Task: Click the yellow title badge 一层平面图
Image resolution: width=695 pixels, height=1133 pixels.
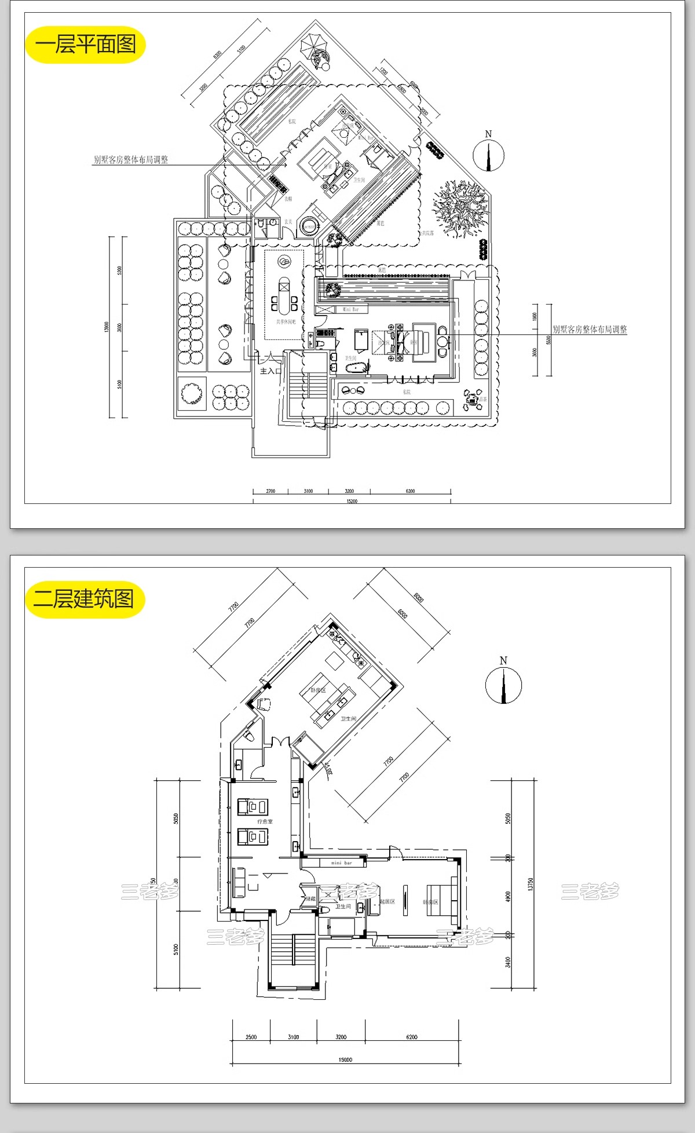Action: [x=85, y=45]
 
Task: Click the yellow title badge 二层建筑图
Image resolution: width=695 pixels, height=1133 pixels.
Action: [x=85, y=599]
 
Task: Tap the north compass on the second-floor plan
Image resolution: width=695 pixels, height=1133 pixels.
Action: [x=503, y=685]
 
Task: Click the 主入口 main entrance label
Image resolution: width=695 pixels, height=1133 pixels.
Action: [x=270, y=371]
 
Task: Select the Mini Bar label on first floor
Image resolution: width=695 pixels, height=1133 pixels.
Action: [x=351, y=309]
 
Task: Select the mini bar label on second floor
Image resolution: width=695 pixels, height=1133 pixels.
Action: [x=341, y=863]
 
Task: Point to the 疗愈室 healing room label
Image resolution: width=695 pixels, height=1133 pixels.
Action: [x=265, y=821]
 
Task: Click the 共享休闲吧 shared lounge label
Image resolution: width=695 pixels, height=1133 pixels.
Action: [x=286, y=321]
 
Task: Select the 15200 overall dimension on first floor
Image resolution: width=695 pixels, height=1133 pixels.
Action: [x=352, y=501]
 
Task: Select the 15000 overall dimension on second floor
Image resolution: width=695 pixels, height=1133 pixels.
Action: [x=345, y=1059]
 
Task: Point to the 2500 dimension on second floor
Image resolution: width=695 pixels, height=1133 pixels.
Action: [x=251, y=1037]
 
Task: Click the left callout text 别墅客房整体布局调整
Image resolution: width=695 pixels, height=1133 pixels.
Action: [x=131, y=159]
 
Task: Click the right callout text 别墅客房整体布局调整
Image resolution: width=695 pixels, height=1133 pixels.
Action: [x=590, y=329]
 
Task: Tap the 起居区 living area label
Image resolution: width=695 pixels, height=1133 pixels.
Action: [x=387, y=901]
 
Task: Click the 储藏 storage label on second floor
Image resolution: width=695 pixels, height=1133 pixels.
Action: [x=310, y=898]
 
